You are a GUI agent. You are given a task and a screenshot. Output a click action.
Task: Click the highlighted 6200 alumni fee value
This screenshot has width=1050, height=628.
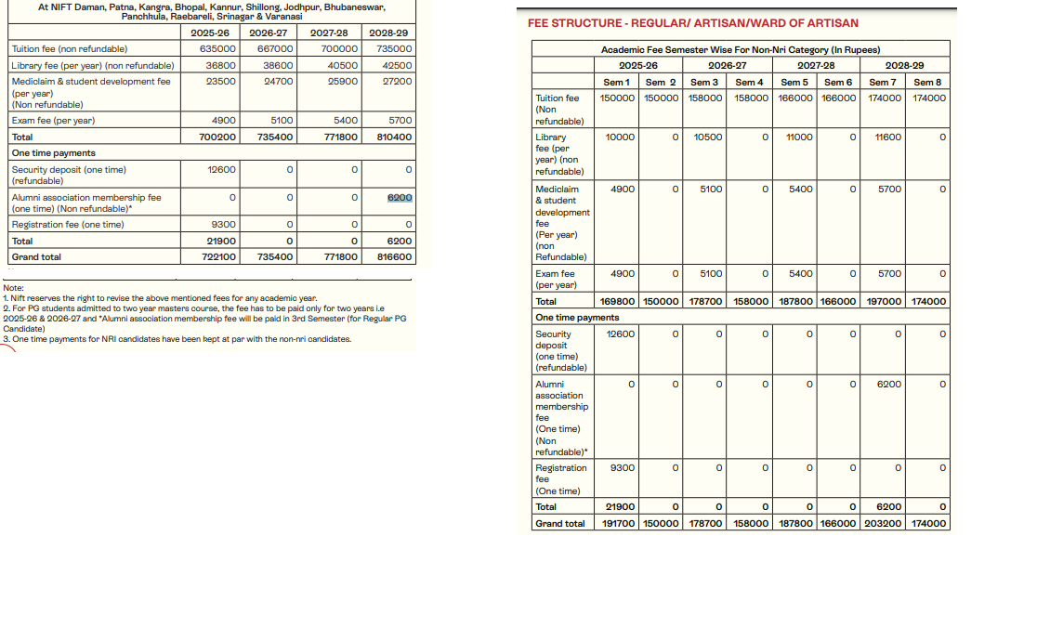[400, 198]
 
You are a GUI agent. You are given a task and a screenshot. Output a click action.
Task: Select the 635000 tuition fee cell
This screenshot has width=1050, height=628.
[217, 49]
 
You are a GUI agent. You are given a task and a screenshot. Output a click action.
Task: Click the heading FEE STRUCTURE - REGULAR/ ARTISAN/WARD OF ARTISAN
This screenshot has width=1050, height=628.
[692, 23]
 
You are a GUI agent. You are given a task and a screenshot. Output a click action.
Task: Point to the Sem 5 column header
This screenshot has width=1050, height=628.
[794, 83]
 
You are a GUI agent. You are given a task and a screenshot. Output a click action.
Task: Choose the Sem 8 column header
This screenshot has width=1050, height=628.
[927, 83]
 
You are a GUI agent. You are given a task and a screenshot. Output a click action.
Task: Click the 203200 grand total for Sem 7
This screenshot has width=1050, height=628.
[883, 524]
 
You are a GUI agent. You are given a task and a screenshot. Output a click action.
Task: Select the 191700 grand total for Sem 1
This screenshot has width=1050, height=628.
[618, 524]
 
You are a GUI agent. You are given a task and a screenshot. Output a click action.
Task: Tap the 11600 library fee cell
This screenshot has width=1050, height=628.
[887, 137]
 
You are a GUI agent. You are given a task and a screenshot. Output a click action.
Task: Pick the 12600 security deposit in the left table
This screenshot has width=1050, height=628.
[223, 170]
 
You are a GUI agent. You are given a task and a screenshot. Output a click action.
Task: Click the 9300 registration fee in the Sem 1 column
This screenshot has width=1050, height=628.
[622, 468]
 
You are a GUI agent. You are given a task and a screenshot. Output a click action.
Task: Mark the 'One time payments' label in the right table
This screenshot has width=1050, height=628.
[577, 318]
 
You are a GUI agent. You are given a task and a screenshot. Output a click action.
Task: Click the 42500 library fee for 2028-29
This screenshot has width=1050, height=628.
[397, 66]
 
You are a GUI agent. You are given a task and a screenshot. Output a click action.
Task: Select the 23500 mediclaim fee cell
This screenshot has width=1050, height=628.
[221, 82]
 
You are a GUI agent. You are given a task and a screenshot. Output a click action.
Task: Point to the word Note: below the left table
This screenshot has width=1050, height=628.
[14, 288]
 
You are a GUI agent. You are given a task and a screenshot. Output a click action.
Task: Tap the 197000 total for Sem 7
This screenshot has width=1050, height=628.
[883, 302]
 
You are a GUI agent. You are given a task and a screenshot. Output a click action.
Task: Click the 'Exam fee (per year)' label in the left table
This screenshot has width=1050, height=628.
[53, 121]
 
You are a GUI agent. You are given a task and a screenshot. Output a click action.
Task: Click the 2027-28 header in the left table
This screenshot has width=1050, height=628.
[329, 33]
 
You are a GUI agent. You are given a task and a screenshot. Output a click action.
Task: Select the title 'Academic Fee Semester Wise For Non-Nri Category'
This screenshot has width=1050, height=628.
[740, 49]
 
